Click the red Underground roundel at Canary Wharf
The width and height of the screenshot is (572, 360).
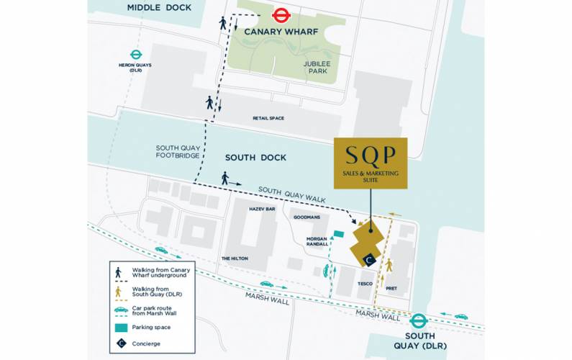coord(281,14)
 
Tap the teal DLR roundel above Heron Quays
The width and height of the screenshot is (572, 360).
coord(135,54)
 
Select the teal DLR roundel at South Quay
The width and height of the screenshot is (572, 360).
coord(419,322)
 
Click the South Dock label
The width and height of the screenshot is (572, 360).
coord(255,157)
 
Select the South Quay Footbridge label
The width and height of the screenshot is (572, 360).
coord(178,152)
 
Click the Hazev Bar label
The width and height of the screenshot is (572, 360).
coord(262,209)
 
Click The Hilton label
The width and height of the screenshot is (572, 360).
coord(235,258)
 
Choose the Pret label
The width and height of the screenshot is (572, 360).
coord(391,288)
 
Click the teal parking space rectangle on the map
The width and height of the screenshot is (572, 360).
coord(339,234)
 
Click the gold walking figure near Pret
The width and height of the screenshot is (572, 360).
coord(389,265)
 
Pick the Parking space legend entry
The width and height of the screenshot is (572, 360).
coord(147,327)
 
